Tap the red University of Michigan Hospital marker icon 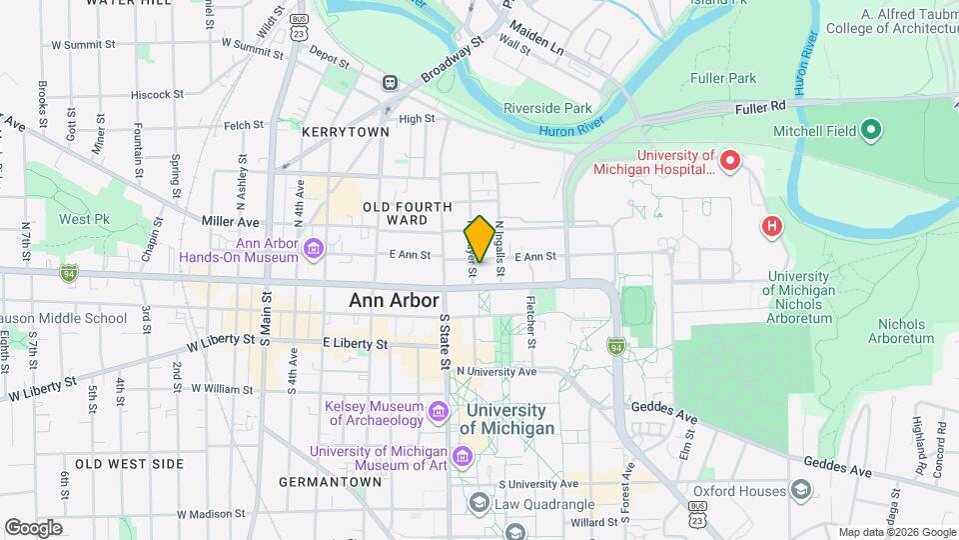point(730,159)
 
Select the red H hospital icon point(771,227)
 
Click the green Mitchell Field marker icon point(870,130)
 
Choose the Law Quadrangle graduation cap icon point(479,503)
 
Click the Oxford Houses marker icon point(801,489)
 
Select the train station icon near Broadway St point(389,84)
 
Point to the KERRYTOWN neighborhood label point(346,132)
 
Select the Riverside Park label point(547,108)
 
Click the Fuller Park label point(722,77)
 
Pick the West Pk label point(84,219)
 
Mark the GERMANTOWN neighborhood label point(330,481)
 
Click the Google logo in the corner point(33,527)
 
